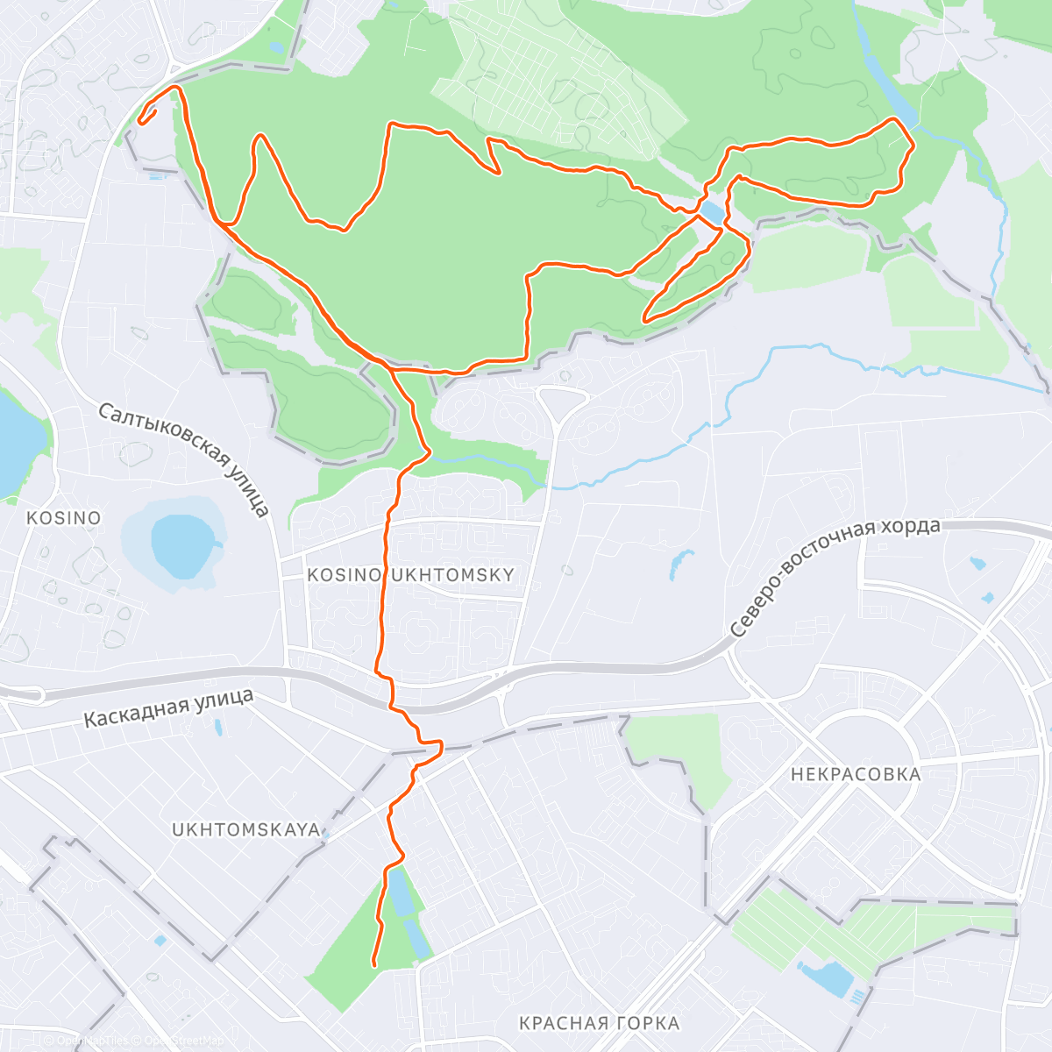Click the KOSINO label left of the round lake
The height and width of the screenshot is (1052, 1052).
[63, 518]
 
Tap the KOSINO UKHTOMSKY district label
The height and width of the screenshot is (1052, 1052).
[410, 575]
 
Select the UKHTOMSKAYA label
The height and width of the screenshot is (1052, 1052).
[245, 829]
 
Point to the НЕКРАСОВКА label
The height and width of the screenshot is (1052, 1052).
[856, 774]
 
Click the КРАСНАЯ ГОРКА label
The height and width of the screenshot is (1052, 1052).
[599, 1023]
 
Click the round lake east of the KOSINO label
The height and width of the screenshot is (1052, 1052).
[182, 544]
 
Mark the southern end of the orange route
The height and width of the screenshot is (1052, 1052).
[374, 964]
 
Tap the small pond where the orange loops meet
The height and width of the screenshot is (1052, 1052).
[712, 213]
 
